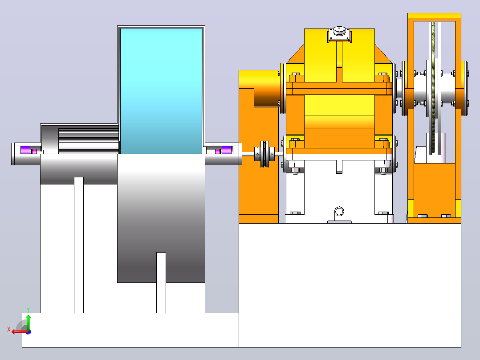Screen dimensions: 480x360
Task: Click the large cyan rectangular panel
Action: pos(161,91)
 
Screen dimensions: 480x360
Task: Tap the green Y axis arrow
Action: pos(28,322)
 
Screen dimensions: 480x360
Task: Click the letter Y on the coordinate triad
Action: pos(28,310)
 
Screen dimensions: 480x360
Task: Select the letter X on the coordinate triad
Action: pos(9,329)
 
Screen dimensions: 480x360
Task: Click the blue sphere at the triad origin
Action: pos(28,332)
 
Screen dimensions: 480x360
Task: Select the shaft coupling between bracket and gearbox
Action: pos(264,154)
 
